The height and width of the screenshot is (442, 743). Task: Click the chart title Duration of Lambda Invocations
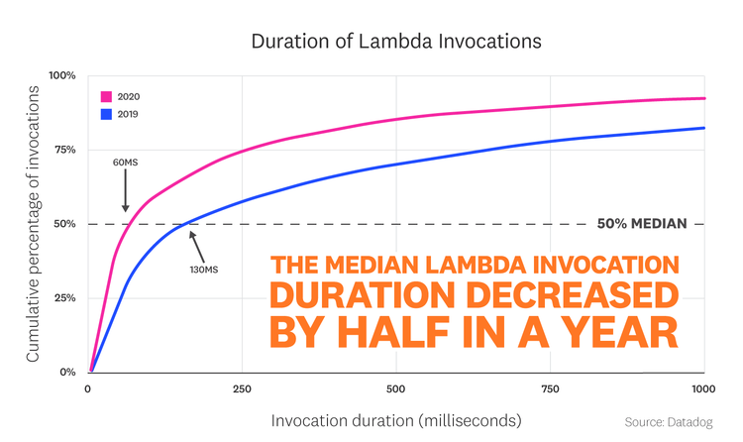tap(371, 42)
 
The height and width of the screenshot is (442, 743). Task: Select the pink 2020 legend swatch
tap(105, 97)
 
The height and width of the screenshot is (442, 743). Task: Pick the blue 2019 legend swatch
tap(105, 114)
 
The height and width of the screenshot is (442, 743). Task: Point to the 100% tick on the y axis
tap(62, 75)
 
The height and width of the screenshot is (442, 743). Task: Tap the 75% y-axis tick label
tap(64, 150)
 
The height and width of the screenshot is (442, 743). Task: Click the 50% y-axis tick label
tap(64, 224)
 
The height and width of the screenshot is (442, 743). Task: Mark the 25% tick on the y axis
tap(64, 298)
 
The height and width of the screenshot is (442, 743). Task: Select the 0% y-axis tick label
tap(67, 373)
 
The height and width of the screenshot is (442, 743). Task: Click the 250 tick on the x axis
tap(241, 388)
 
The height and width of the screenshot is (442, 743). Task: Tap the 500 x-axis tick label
tap(395, 388)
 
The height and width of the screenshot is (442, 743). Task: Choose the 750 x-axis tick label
tap(550, 388)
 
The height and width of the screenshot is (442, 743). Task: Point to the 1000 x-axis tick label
tap(701, 388)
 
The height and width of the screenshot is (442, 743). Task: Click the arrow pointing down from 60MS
tap(126, 191)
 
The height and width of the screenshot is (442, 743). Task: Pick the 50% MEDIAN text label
tap(642, 224)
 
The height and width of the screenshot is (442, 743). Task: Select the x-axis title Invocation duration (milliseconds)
tap(396, 420)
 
